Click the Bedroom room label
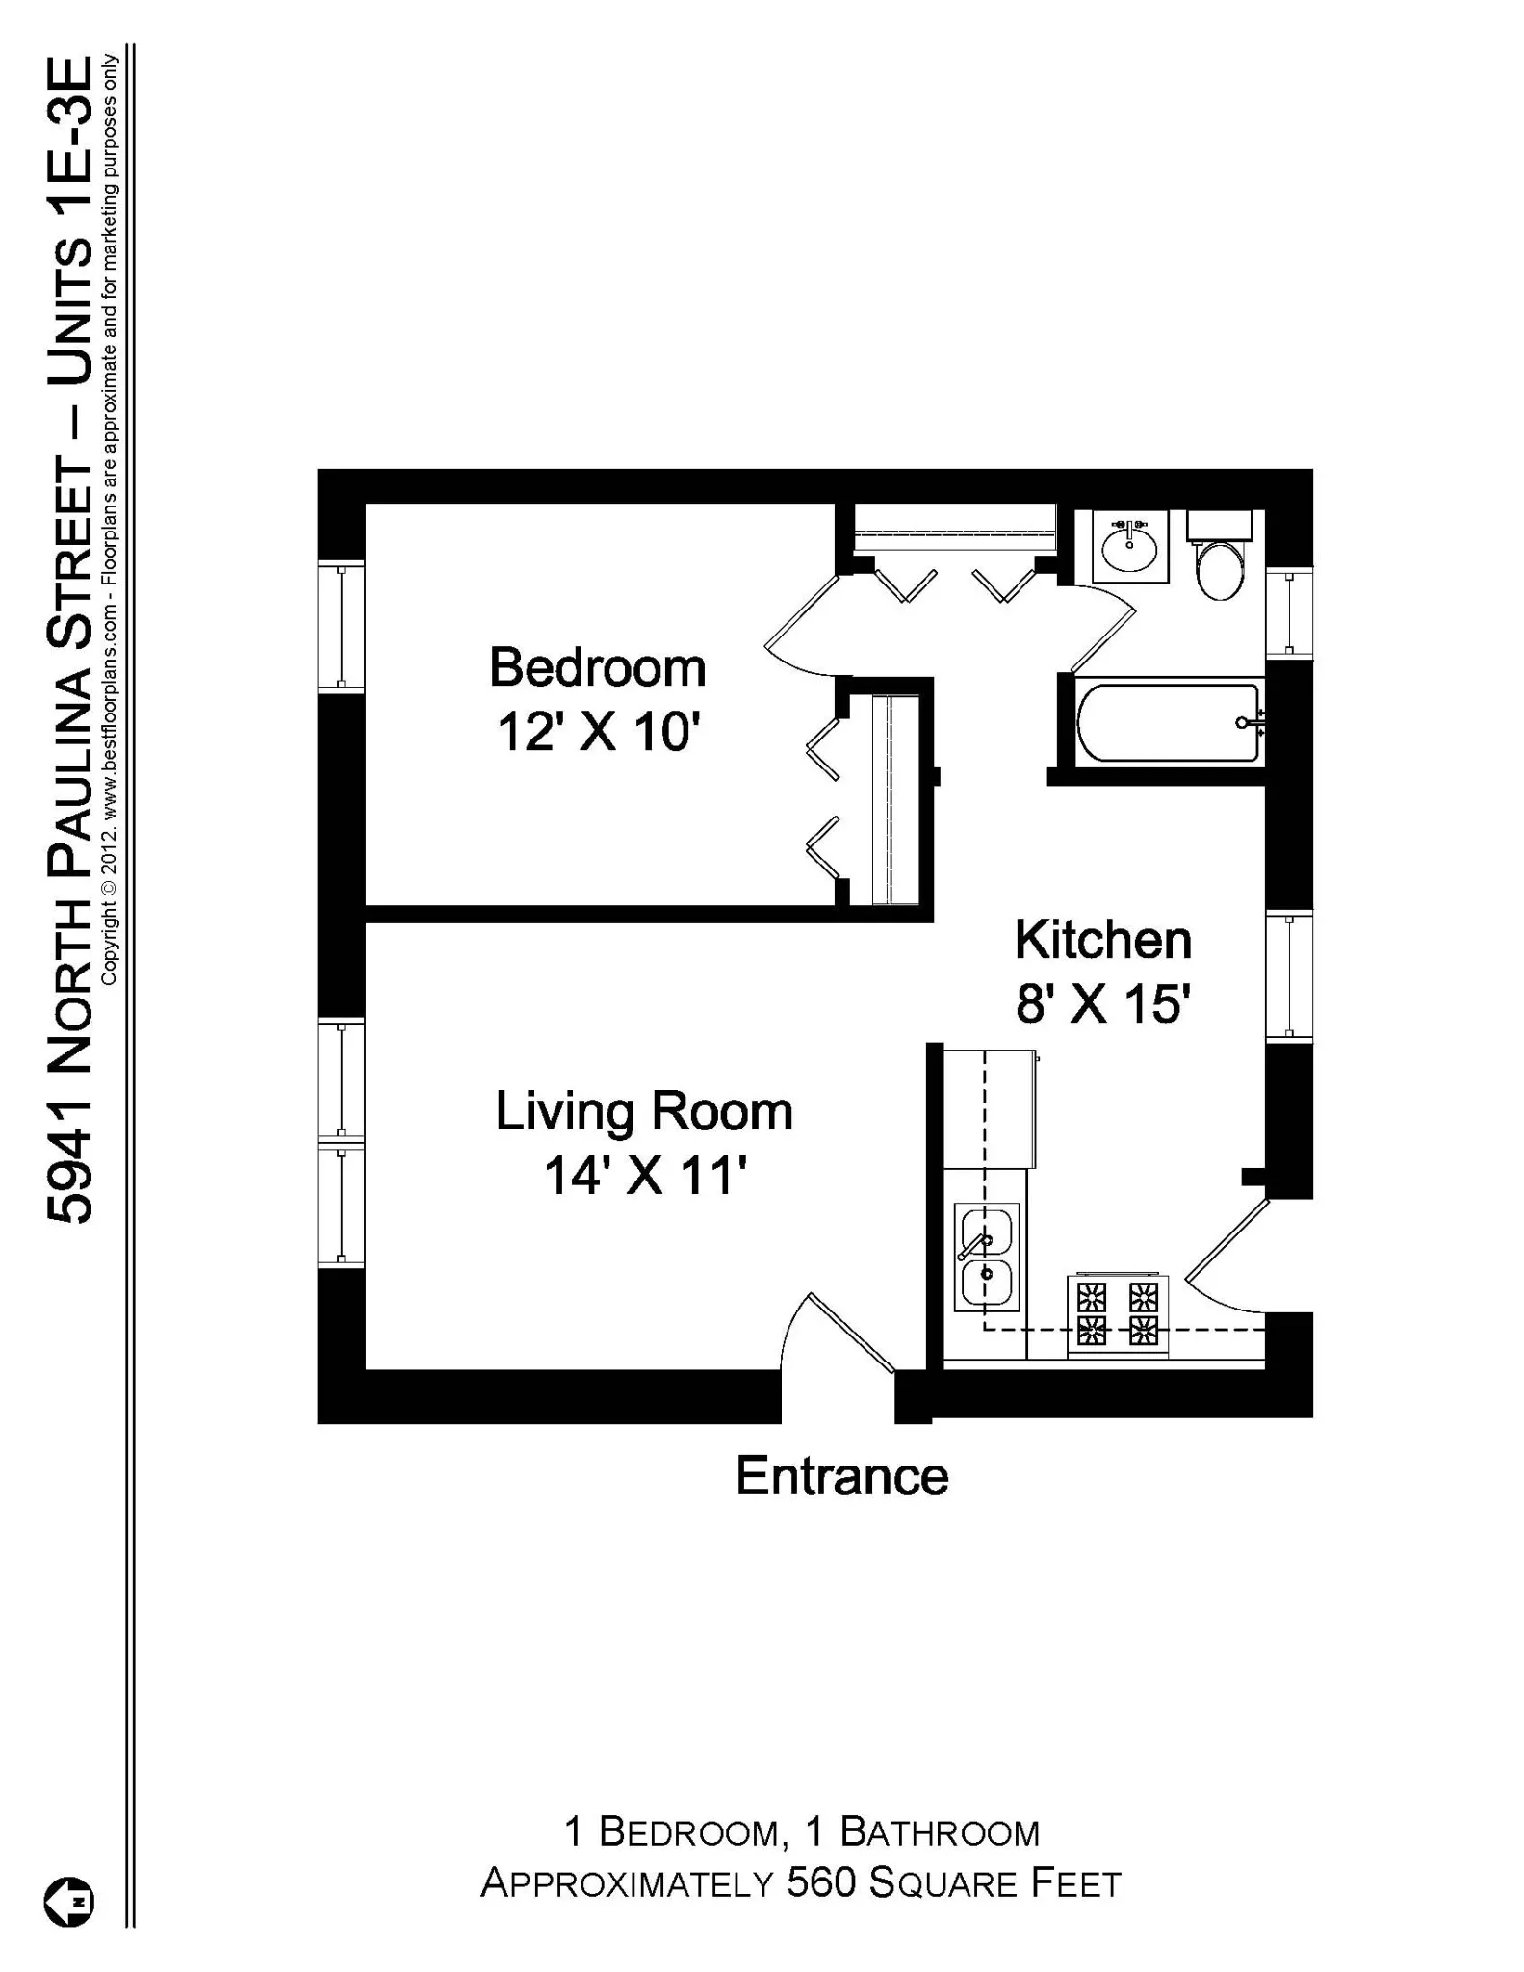pos(597,668)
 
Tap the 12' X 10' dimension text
pos(597,733)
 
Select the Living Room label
pos(643,1111)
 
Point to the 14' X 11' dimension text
pos(645,1176)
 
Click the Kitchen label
pos(1102,940)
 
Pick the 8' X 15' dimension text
pos(1102,1004)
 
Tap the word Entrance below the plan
pos(841,1476)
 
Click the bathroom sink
pos(1129,547)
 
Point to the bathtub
pos(1167,722)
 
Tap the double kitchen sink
pos(986,1257)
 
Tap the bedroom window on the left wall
pos(341,625)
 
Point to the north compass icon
pos(69,1902)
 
